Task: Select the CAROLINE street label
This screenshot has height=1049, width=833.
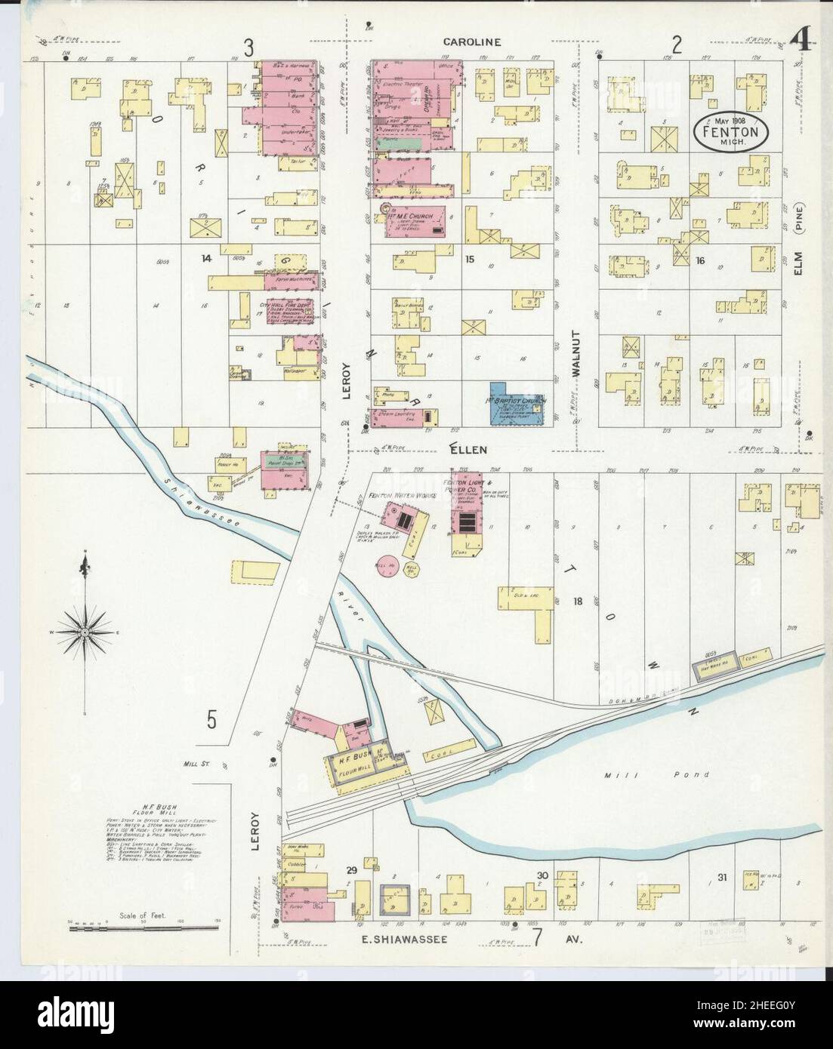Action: click(472, 42)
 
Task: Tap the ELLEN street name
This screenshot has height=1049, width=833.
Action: click(468, 449)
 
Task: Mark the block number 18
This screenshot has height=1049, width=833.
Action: click(578, 601)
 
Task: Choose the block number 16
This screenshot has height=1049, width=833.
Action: click(700, 260)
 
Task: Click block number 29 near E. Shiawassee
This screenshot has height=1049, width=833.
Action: click(350, 871)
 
